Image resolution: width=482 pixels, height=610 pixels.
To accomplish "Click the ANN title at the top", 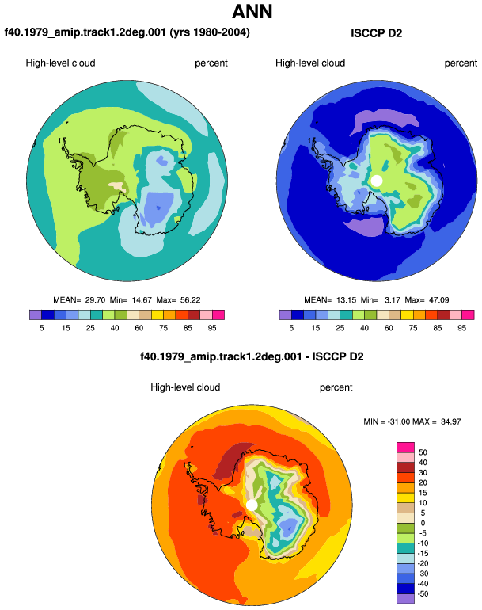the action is [x=252, y=11].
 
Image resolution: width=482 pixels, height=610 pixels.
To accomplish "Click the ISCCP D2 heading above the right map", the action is [x=376, y=33].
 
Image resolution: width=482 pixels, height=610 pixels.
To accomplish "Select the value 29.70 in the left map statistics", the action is [x=95, y=300].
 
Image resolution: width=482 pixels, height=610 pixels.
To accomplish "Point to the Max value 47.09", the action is [x=438, y=300].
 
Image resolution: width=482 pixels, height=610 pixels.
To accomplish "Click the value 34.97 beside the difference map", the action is [x=451, y=421].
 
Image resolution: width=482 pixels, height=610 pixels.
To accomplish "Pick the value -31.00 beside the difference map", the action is [x=398, y=421].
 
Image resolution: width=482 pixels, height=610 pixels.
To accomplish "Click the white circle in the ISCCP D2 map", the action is [x=376, y=181].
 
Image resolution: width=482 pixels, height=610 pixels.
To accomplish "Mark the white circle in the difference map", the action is [x=252, y=505].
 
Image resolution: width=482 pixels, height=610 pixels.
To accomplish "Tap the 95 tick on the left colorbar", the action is [x=212, y=328].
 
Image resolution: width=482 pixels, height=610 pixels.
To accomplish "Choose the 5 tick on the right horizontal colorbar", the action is [x=291, y=328].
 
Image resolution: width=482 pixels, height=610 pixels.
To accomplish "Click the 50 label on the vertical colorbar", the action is [x=423, y=452].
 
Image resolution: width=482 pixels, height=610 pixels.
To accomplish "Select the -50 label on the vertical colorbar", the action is [x=423, y=594].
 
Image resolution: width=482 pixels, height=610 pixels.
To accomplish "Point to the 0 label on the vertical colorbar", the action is [x=423, y=523].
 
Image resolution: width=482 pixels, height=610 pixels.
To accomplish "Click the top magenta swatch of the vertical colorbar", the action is [x=405, y=448].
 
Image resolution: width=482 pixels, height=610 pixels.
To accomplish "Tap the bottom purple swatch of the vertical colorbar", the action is [x=405, y=599].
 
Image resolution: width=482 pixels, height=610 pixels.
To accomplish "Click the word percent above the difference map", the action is [x=336, y=387].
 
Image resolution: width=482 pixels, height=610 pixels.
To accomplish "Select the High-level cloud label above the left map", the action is [x=61, y=63].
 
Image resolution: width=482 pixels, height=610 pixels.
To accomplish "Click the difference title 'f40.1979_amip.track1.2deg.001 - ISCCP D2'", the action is [x=252, y=356].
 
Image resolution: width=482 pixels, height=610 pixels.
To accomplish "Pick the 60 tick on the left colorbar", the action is [x=139, y=328].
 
